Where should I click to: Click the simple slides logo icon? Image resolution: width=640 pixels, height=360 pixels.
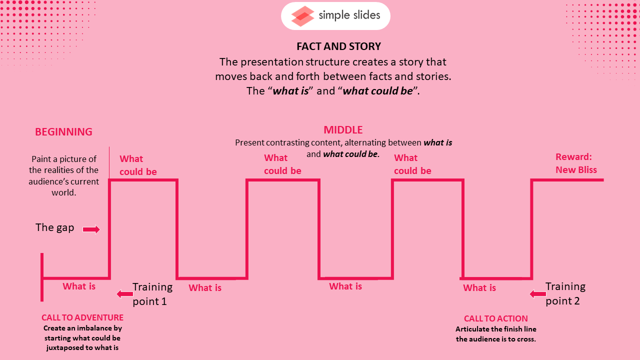point(302,16)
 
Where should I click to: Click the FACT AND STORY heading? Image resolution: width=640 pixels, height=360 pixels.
point(338,46)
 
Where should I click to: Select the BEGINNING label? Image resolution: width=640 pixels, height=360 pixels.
point(63,131)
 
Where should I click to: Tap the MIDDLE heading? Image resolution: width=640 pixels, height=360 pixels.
point(343,130)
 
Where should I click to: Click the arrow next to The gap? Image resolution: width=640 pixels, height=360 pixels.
point(91,229)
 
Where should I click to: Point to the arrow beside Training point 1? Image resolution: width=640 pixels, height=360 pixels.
point(125,293)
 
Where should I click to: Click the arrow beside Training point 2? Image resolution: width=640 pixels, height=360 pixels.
point(537,293)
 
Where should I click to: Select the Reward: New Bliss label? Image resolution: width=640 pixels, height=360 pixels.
point(576,163)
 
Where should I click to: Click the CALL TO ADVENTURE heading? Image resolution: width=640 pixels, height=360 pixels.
point(82,317)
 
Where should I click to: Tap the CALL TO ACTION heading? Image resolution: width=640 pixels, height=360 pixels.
point(495,318)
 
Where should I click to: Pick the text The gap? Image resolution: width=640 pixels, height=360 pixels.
point(54,227)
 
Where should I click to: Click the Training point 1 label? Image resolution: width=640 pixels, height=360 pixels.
point(152,293)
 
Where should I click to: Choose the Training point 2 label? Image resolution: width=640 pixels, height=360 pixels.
point(565,293)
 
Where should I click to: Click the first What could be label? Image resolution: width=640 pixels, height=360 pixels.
point(138,165)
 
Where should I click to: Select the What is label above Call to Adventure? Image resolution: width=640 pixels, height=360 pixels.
point(79,286)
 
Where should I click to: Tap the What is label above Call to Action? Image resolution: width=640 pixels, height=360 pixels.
point(479,287)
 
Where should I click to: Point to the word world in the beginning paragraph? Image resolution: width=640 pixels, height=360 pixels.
point(63,192)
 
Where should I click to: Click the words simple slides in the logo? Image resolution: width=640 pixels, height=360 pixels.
point(349,15)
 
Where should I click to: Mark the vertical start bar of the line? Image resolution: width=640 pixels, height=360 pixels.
point(42,277)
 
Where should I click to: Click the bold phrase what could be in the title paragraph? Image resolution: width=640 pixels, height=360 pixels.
point(377,91)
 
